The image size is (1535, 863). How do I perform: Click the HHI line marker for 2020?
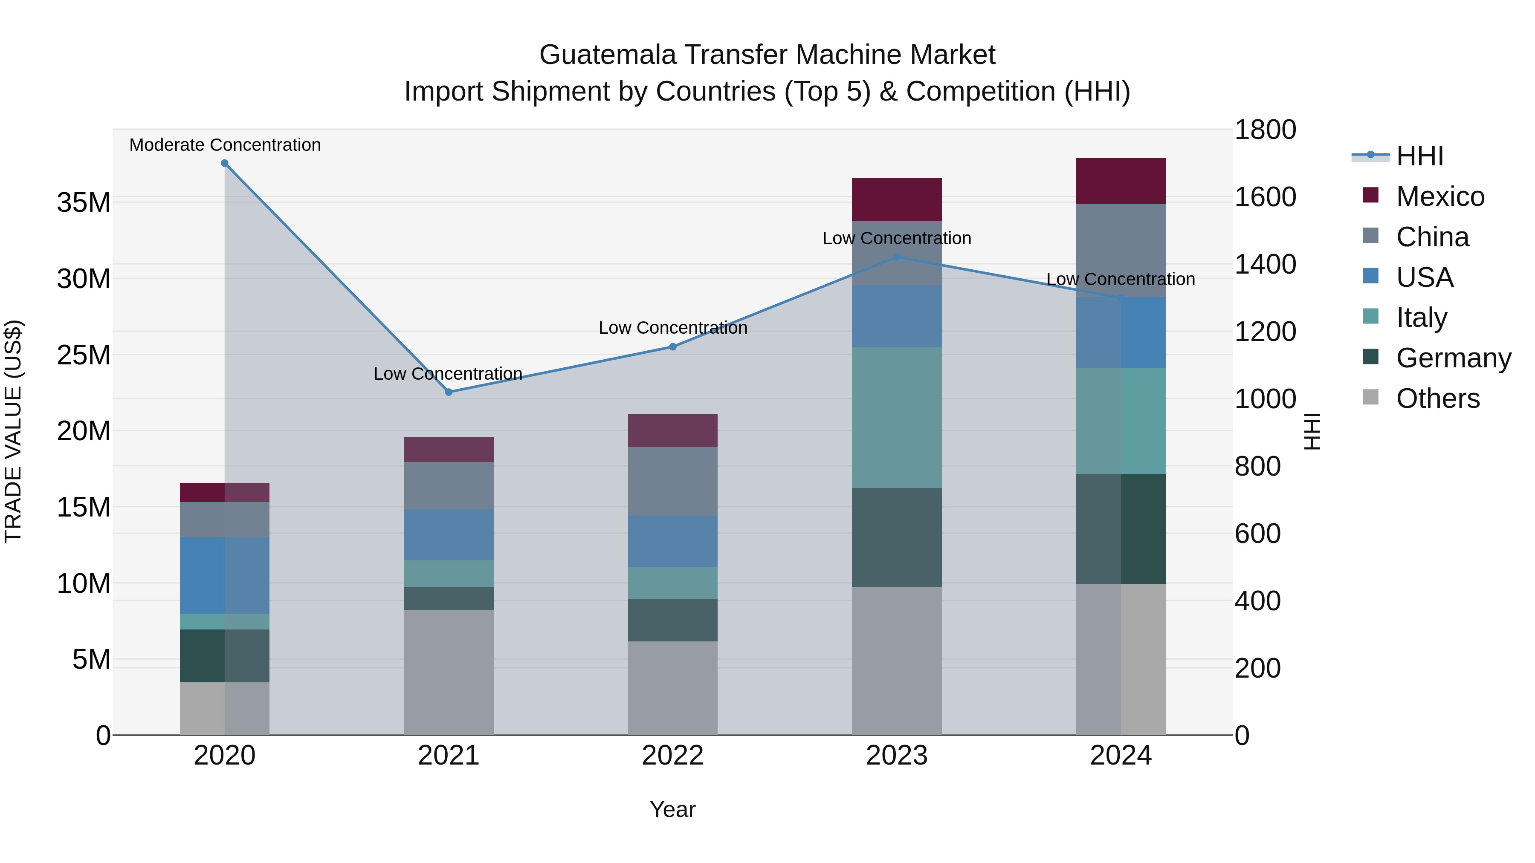click(x=225, y=163)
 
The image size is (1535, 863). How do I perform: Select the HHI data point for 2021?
click(x=449, y=392)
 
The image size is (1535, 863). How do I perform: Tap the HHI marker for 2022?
click(x=673, y=346)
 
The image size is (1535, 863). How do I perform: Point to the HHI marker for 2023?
click(x=897, y=257)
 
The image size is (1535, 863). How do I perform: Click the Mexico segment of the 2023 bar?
click(x=897, y=199)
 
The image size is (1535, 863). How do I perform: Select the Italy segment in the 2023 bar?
click(x=897, y=418)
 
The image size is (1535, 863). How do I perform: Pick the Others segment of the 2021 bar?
click(x=449, y=672)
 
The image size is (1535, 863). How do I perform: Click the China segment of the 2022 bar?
click(x=673, y=481)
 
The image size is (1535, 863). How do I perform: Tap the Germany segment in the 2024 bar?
click(x=1121, y=529)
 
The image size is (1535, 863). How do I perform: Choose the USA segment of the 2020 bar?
click(x=225, y=575)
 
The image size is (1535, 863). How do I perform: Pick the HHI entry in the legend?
click(x=1419, y=156)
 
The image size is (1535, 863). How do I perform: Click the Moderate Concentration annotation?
click(x=225, y=145)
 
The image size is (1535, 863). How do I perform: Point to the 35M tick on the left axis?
click(x=84, y=202)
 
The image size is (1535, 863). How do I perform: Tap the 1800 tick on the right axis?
click(x=1265, y=130)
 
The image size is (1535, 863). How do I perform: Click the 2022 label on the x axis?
click(x=673, y=756)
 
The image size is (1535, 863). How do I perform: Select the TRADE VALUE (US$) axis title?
click(x=14, y=431)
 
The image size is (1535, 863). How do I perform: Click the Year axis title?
click(x=673, y=809)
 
